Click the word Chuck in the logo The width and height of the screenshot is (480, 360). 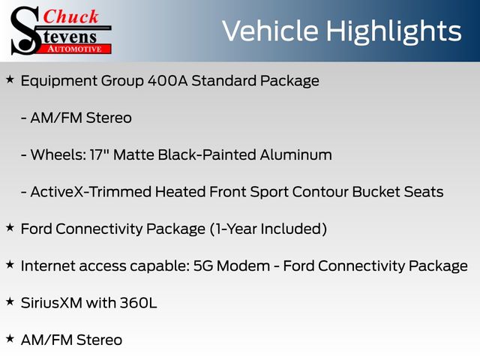70,16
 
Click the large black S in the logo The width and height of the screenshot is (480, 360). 25,31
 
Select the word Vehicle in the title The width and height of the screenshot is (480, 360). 270,31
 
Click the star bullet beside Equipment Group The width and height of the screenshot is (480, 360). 10,79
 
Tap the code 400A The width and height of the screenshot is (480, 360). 167,81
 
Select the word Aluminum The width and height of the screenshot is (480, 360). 296,154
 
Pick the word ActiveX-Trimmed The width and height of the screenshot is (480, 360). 91,192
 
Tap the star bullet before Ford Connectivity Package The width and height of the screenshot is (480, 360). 10,227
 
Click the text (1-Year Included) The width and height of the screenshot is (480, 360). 268,229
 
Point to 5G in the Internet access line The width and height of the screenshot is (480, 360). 203,266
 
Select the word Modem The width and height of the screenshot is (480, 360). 243,266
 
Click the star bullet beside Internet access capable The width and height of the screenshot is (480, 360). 10,265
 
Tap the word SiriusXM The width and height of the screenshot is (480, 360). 52,303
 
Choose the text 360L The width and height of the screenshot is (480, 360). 138,303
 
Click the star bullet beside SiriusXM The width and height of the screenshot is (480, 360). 10,301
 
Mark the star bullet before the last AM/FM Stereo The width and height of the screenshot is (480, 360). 10,338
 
